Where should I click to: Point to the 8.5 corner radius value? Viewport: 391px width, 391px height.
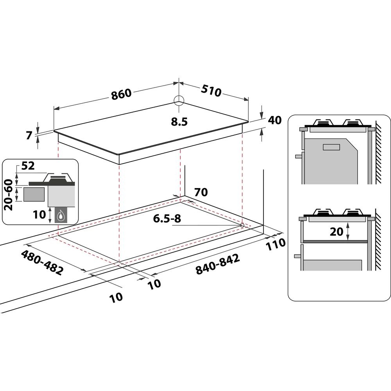(179, 122)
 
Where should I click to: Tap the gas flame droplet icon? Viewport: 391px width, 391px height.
(61, 215)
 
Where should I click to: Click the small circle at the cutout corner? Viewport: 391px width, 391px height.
(242, 225)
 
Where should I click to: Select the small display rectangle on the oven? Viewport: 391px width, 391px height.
(332, 147)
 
